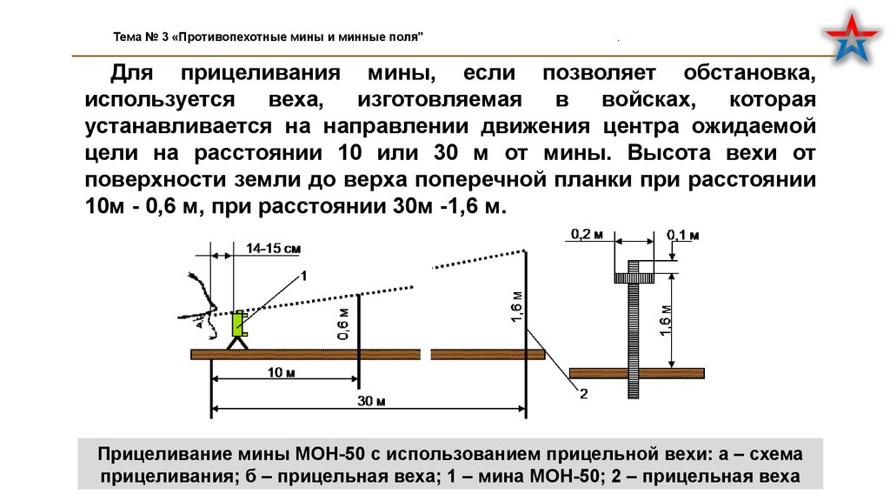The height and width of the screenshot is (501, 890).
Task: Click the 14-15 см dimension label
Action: pos(273,249)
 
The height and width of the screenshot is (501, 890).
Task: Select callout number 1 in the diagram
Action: pos(304,275)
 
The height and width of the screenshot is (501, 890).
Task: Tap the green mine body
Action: pos(237,324)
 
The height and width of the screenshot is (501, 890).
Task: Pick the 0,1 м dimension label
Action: pos(683,235)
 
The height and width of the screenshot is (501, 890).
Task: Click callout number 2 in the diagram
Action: pos(583,394)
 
